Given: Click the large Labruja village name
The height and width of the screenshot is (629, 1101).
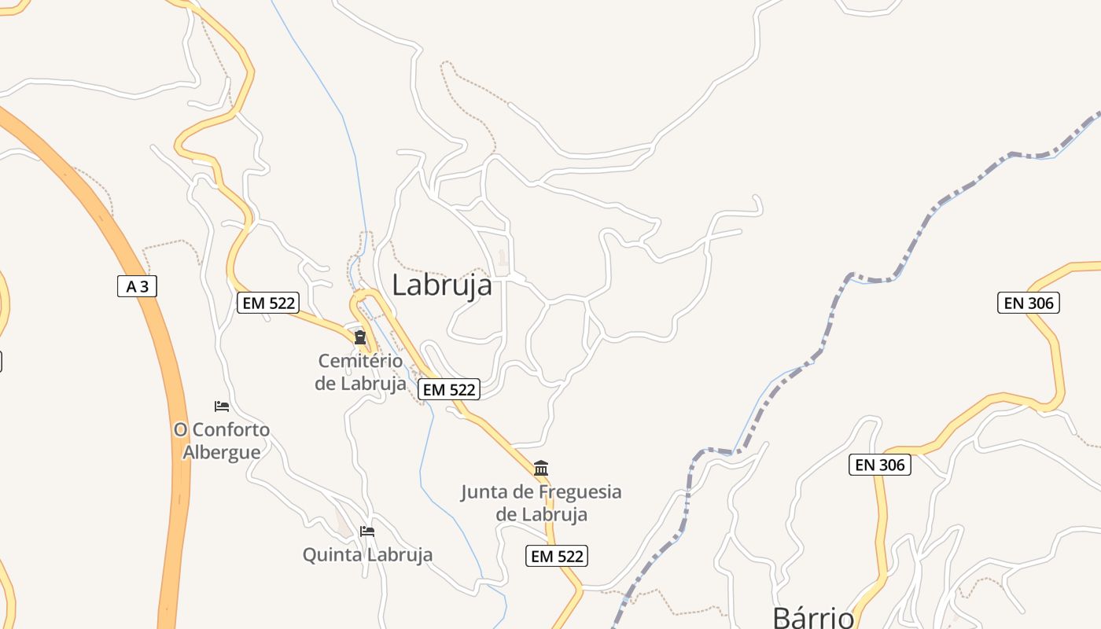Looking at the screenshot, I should coord(442,285).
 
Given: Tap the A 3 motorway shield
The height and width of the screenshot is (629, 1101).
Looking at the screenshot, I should coord(138,287).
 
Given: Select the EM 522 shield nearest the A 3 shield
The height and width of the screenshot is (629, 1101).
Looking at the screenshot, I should coord(268,303).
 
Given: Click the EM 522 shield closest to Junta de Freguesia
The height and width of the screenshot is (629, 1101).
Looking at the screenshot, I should coord(556,556).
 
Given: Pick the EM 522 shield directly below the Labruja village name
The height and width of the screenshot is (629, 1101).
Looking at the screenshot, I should coord(449,389).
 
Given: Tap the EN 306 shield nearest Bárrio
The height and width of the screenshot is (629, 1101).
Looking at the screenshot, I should coord(880,465).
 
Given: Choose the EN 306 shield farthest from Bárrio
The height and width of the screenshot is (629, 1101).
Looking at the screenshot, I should coord(1029,303).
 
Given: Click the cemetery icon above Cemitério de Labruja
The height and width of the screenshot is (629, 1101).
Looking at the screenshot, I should coord(360,338).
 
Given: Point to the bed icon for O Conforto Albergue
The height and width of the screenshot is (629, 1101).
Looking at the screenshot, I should coord(222,406).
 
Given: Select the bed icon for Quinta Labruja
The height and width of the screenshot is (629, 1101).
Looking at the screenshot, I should coord(367,532).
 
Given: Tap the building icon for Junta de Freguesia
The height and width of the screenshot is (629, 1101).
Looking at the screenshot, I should coord(541,469).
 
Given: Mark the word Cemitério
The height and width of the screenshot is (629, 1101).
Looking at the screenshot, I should coord(360,362).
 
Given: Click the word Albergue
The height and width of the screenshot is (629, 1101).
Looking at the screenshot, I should coord(222,453).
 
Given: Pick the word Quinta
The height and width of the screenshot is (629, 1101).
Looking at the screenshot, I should coord(330,555).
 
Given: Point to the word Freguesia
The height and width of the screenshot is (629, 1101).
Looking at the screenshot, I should coord(575,493).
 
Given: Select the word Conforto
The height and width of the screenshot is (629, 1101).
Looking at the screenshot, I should coord(231,430).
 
